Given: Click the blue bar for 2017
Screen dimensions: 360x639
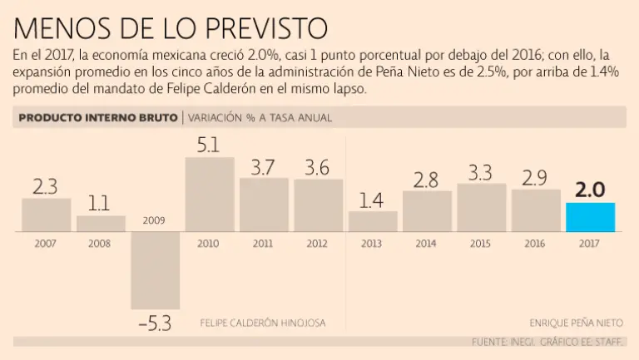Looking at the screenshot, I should [x=590, y=217].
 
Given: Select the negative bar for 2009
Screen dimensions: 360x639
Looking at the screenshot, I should [x=156, y=271].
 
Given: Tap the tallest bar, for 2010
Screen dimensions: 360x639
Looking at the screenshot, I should [x=210, y=195].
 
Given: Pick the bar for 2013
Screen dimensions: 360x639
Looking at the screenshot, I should [x=373, y=221].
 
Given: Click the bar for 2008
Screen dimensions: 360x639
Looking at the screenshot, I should [x=101, y=223].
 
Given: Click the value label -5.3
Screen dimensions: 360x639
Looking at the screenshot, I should [x=154, y=323].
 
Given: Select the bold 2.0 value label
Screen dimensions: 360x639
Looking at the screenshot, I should [x=590, y=190].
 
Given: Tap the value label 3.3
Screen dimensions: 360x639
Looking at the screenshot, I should [x=481, y=172].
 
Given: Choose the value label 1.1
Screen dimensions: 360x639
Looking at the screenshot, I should [x=101, y=204].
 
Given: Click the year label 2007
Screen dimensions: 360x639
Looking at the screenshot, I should [x=46, y=244].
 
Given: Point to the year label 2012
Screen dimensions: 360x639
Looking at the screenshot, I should [x=318, y=244].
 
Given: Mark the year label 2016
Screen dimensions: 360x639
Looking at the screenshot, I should [x=536, y=244].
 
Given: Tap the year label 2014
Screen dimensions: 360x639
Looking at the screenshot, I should [x=427, y=244].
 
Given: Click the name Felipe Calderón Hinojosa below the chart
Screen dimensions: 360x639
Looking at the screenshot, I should [x=263, y=322].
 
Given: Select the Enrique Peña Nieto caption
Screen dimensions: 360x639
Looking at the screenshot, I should [x=575, y=322].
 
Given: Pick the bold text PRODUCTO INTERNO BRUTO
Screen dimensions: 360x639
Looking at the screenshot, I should [x=97, y=118].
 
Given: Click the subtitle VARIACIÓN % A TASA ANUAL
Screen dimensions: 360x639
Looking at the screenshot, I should [x=260, y=118].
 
